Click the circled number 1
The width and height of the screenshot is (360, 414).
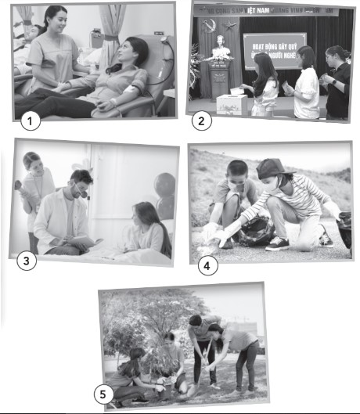[30, 121]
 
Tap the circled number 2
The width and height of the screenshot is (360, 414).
[202, 121]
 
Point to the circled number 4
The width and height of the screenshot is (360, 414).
[207, 265]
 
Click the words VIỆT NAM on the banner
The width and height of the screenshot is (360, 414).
[261, 11]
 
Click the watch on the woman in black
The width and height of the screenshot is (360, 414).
[333, 81]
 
